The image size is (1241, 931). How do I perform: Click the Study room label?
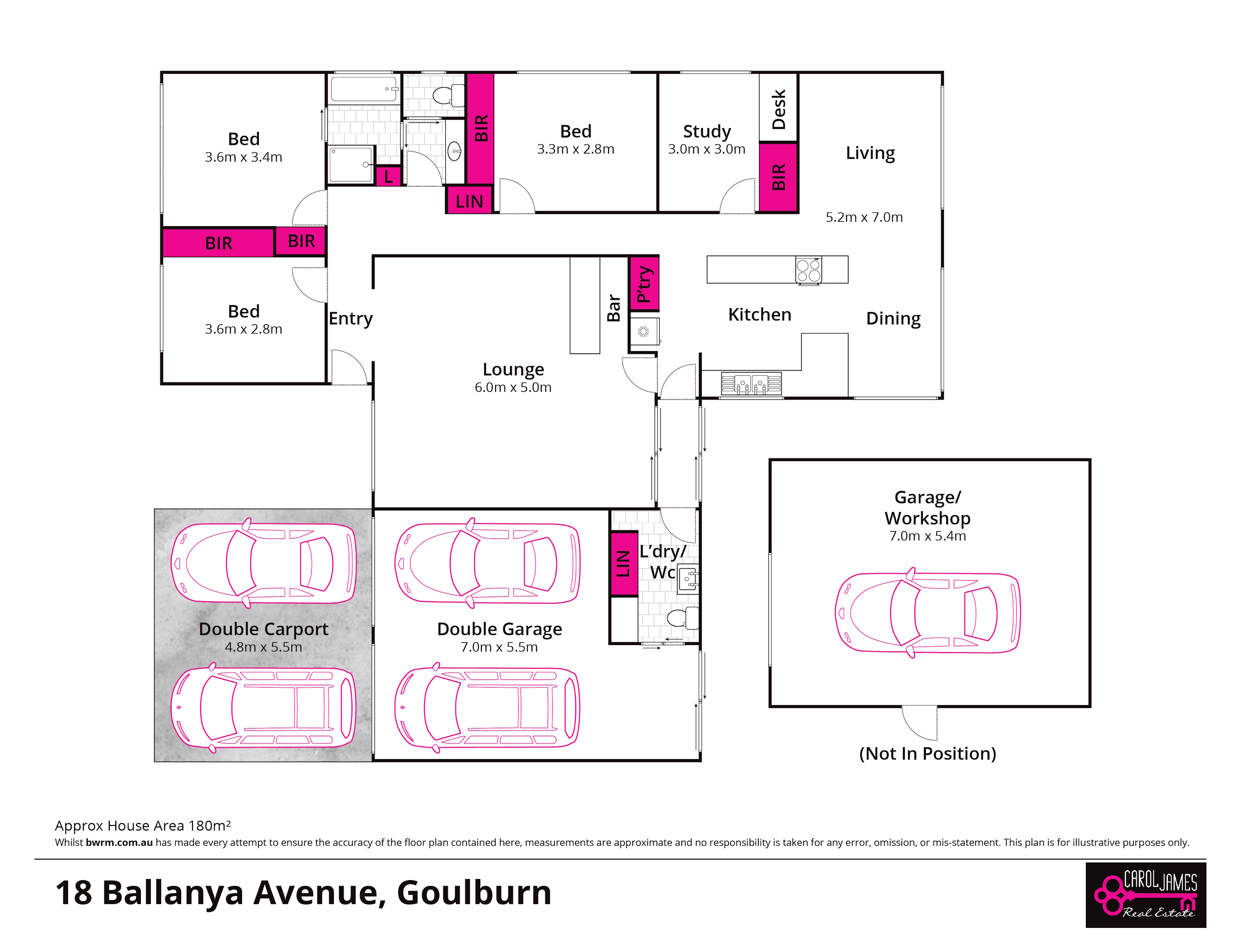pyautogui.click(x=707, y=131)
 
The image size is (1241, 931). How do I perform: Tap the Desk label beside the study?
pyautogui.click(x=779, y=110)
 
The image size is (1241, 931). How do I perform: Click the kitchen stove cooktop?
pyautogui.click(x=809, y=270)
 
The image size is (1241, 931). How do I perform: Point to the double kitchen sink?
pyautogui.click(x=751, y=384)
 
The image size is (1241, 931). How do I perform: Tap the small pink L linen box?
pyautogui.click(x=388, y=177)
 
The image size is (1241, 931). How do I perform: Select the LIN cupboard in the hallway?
pyautogui.click(x=469, y=200)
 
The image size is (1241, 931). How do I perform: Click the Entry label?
pyautogui.click(x=351, y=319)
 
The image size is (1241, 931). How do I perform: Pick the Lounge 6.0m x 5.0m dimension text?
pyautogui.click(x=513, y=387)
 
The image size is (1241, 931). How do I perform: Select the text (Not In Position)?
pyautogui.click(x=927, y=753)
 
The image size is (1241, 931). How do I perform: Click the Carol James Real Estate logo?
pyautogui.click(x=1146, y=895)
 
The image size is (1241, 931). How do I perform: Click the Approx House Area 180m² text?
pyautogui.click(x=142, y=826)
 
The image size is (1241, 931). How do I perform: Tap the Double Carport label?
pyautogui.click(x=263, y=629)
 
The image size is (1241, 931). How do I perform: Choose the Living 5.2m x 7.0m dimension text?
pyautogui.click(x=864, y=217)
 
